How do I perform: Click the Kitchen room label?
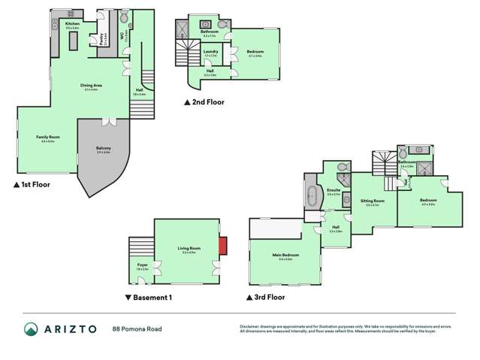72,25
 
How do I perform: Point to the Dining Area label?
92,86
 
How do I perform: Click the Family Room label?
48,137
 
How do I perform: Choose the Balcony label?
103,148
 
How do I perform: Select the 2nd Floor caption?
204,101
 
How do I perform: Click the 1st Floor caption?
31,183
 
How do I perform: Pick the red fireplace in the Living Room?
222,246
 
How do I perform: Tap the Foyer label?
143,265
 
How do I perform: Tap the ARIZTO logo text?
71,328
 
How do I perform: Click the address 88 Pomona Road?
137,328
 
